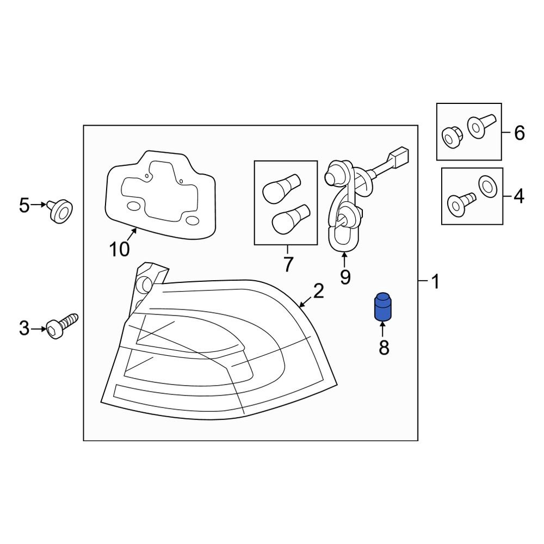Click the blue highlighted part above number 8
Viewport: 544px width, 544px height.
[383, 307]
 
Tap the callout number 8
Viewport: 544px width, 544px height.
[384, 347]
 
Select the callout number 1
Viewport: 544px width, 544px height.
[435, 282]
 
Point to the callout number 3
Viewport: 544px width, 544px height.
[24, 328]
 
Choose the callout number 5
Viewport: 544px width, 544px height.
[24, 205]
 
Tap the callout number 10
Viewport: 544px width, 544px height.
[119, 249]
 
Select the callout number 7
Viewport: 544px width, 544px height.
[288, 264]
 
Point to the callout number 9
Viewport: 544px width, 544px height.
[345, 277]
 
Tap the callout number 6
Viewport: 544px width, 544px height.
[519, 132]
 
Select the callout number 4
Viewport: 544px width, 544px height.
[519, 196]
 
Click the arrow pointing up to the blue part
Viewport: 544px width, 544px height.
[383, 328]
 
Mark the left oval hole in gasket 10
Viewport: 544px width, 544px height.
[133, 206]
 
